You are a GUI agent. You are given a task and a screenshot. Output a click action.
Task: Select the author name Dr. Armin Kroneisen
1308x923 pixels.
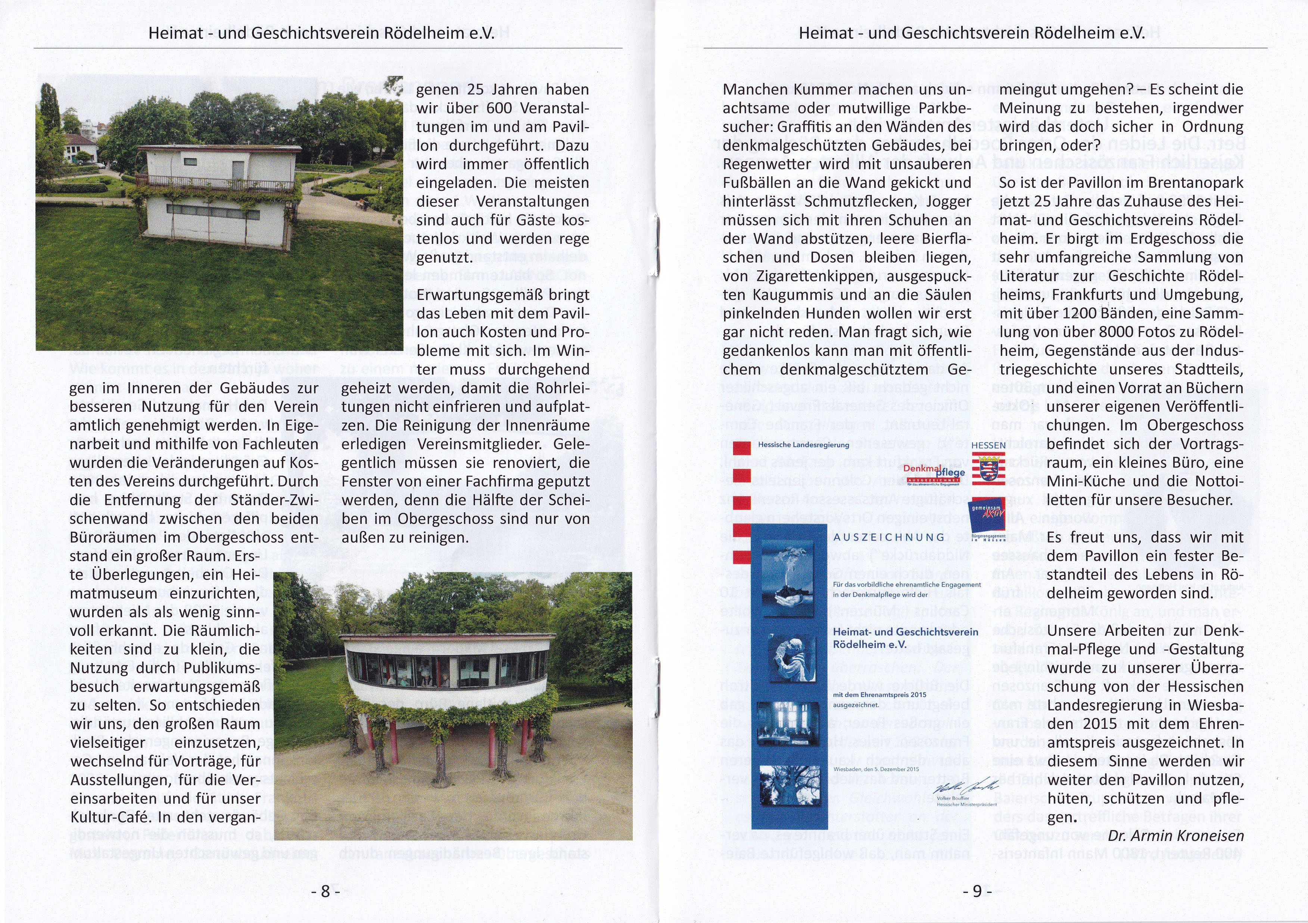[x=1175, y=836]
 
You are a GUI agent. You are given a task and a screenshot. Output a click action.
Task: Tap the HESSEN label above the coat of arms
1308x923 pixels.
[x=988, y=445]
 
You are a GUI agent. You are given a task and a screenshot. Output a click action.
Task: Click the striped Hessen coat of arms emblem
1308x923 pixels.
[x=988, y=468]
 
